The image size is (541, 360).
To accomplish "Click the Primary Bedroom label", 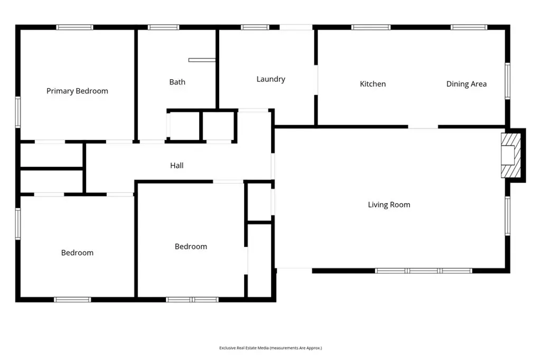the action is (77, 91).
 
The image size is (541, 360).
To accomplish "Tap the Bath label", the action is (178, 82).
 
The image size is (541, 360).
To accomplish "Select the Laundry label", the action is (271, 79).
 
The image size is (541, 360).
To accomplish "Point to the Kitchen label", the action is (372, 84).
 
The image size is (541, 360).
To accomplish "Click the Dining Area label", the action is (467, 84).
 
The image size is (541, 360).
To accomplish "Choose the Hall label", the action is (176, 166).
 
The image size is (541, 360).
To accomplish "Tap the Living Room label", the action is (389, 205).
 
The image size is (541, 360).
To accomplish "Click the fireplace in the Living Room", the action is (511, 155).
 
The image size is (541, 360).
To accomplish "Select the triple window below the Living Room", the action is (423, 271).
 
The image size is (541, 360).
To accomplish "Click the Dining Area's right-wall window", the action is (508, 81).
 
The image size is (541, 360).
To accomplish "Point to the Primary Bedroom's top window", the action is (75, 27).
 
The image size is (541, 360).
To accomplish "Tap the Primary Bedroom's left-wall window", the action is (18, 112).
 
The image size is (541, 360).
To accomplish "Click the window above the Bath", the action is (164, 27).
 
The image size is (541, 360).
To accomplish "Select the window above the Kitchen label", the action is (371, 27).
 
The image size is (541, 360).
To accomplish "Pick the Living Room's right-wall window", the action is (508, 216).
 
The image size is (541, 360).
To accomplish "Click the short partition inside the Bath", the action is (202, 60).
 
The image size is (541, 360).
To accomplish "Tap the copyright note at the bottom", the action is (270, 348).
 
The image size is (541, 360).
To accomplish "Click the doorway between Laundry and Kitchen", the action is (316, 80).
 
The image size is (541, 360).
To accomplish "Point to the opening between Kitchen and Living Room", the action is (423, 127).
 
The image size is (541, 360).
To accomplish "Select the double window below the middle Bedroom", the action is (192, 300).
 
